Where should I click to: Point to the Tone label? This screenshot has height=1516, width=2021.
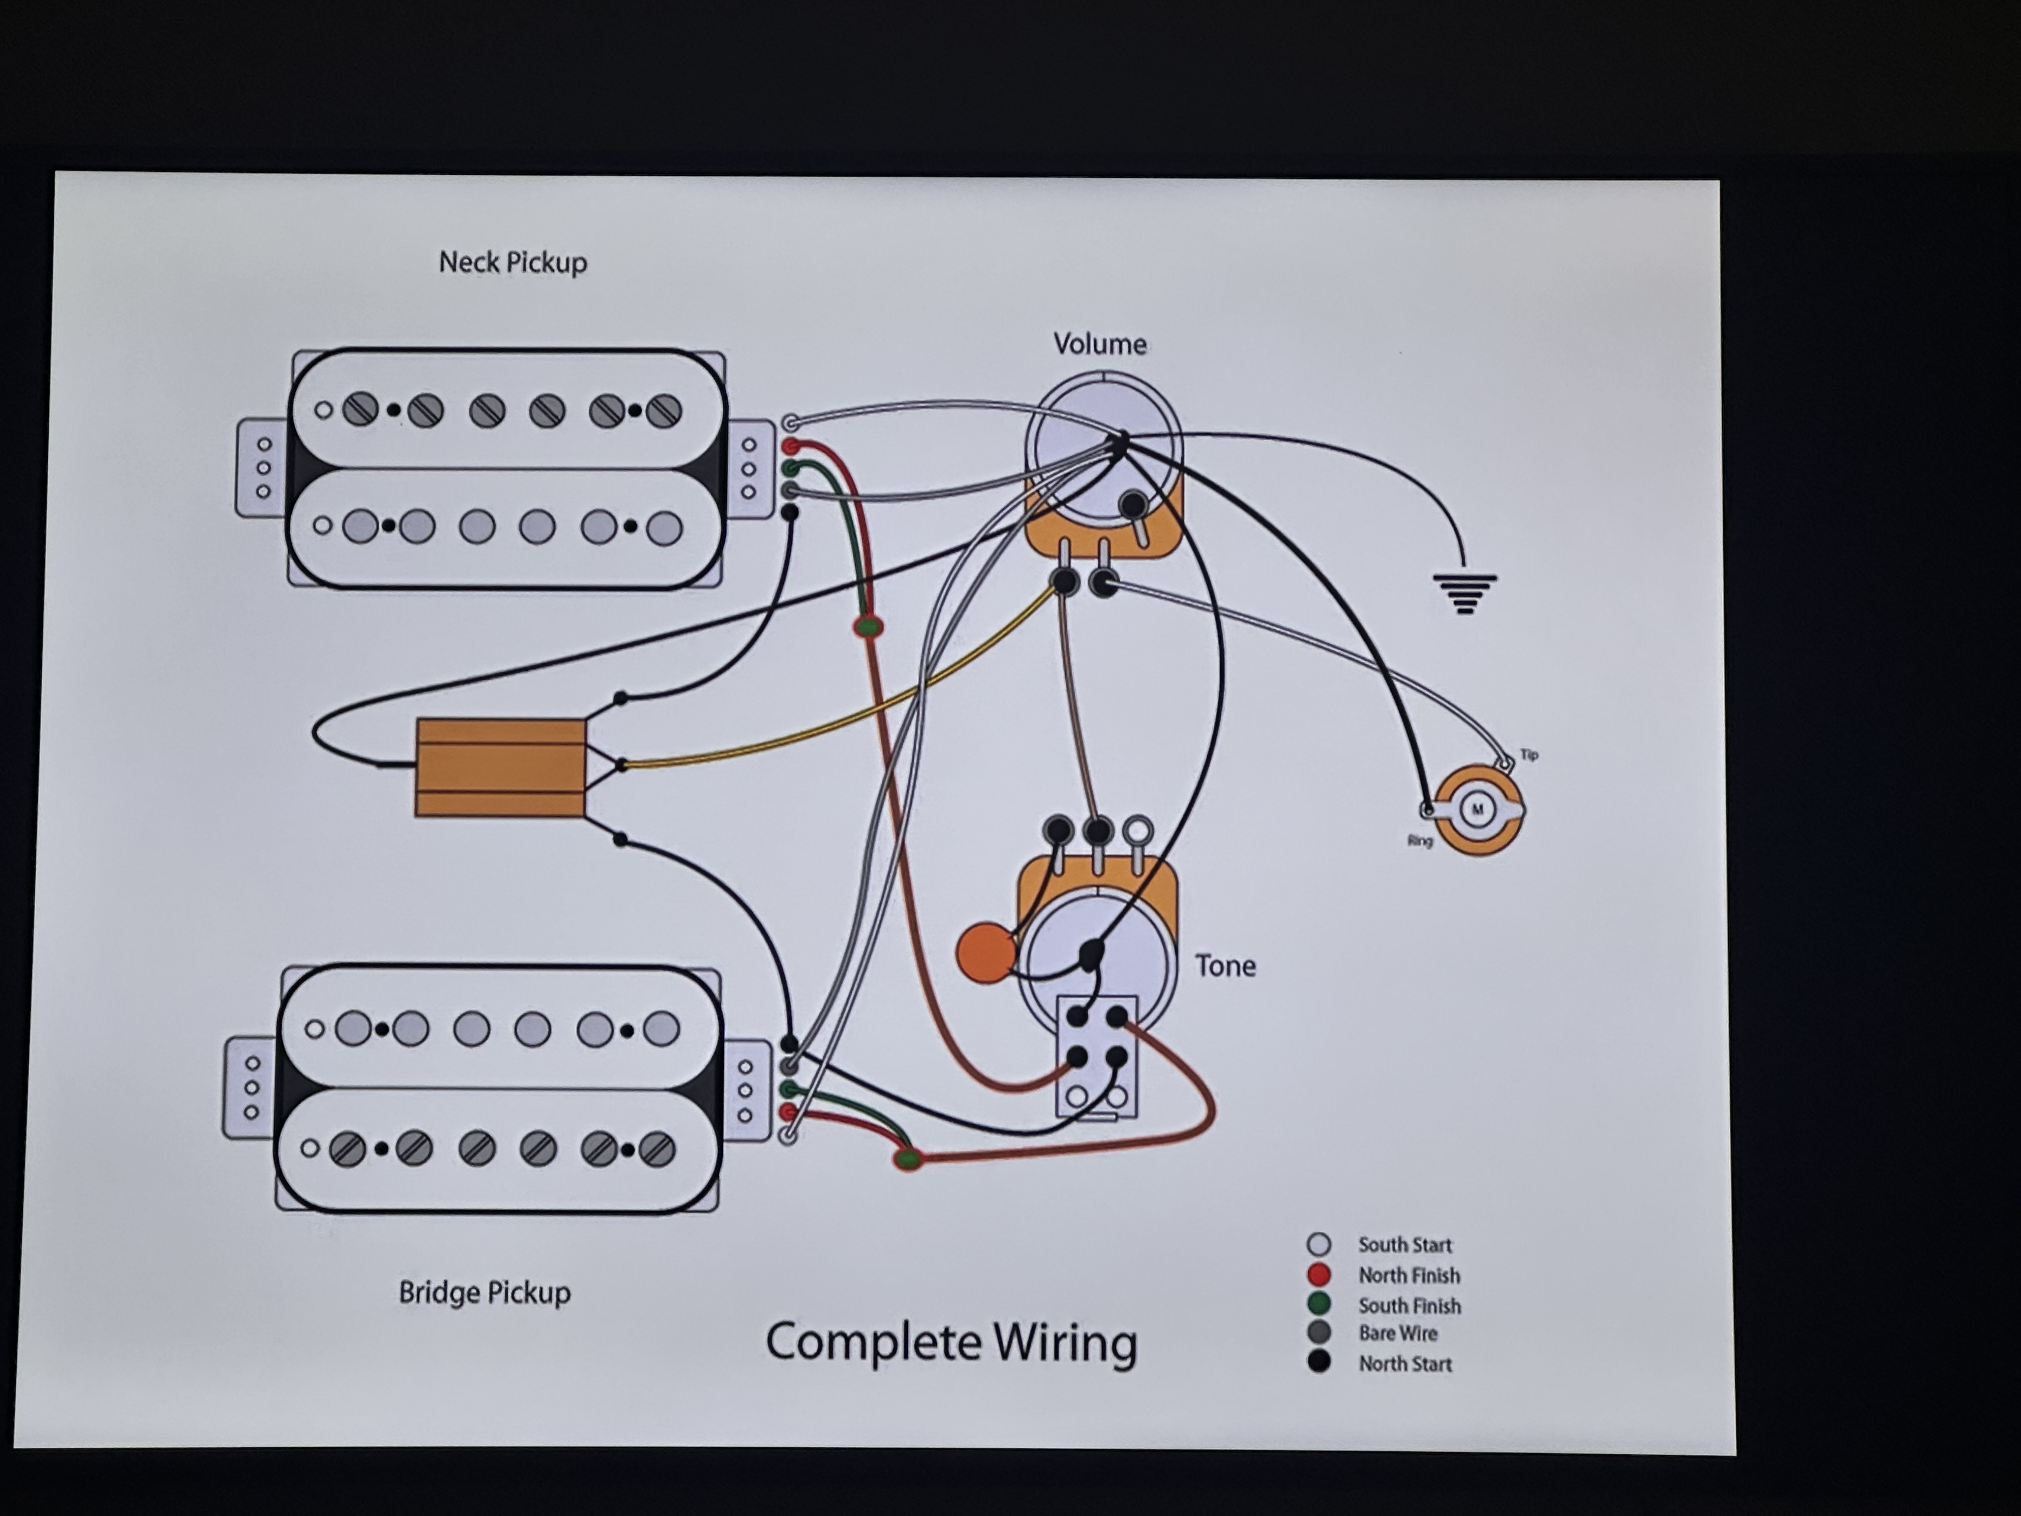tap(1225, 966)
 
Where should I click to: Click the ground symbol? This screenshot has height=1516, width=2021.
tap(1465, 592)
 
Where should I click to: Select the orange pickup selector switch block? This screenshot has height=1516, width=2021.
tap(501, 768)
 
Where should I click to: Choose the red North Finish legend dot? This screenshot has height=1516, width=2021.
tap(1318, 1275)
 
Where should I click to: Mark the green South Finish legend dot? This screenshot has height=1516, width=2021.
tap(1318, 1304)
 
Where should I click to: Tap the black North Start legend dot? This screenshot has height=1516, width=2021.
tap(1318, 1363)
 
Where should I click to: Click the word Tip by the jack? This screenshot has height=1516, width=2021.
tap(1529, 755)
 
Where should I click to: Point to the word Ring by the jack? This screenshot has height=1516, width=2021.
tap(1420, 841)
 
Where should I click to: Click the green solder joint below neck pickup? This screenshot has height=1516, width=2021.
tap(868, 627)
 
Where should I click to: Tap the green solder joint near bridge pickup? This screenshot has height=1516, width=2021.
tap(907, 1160)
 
